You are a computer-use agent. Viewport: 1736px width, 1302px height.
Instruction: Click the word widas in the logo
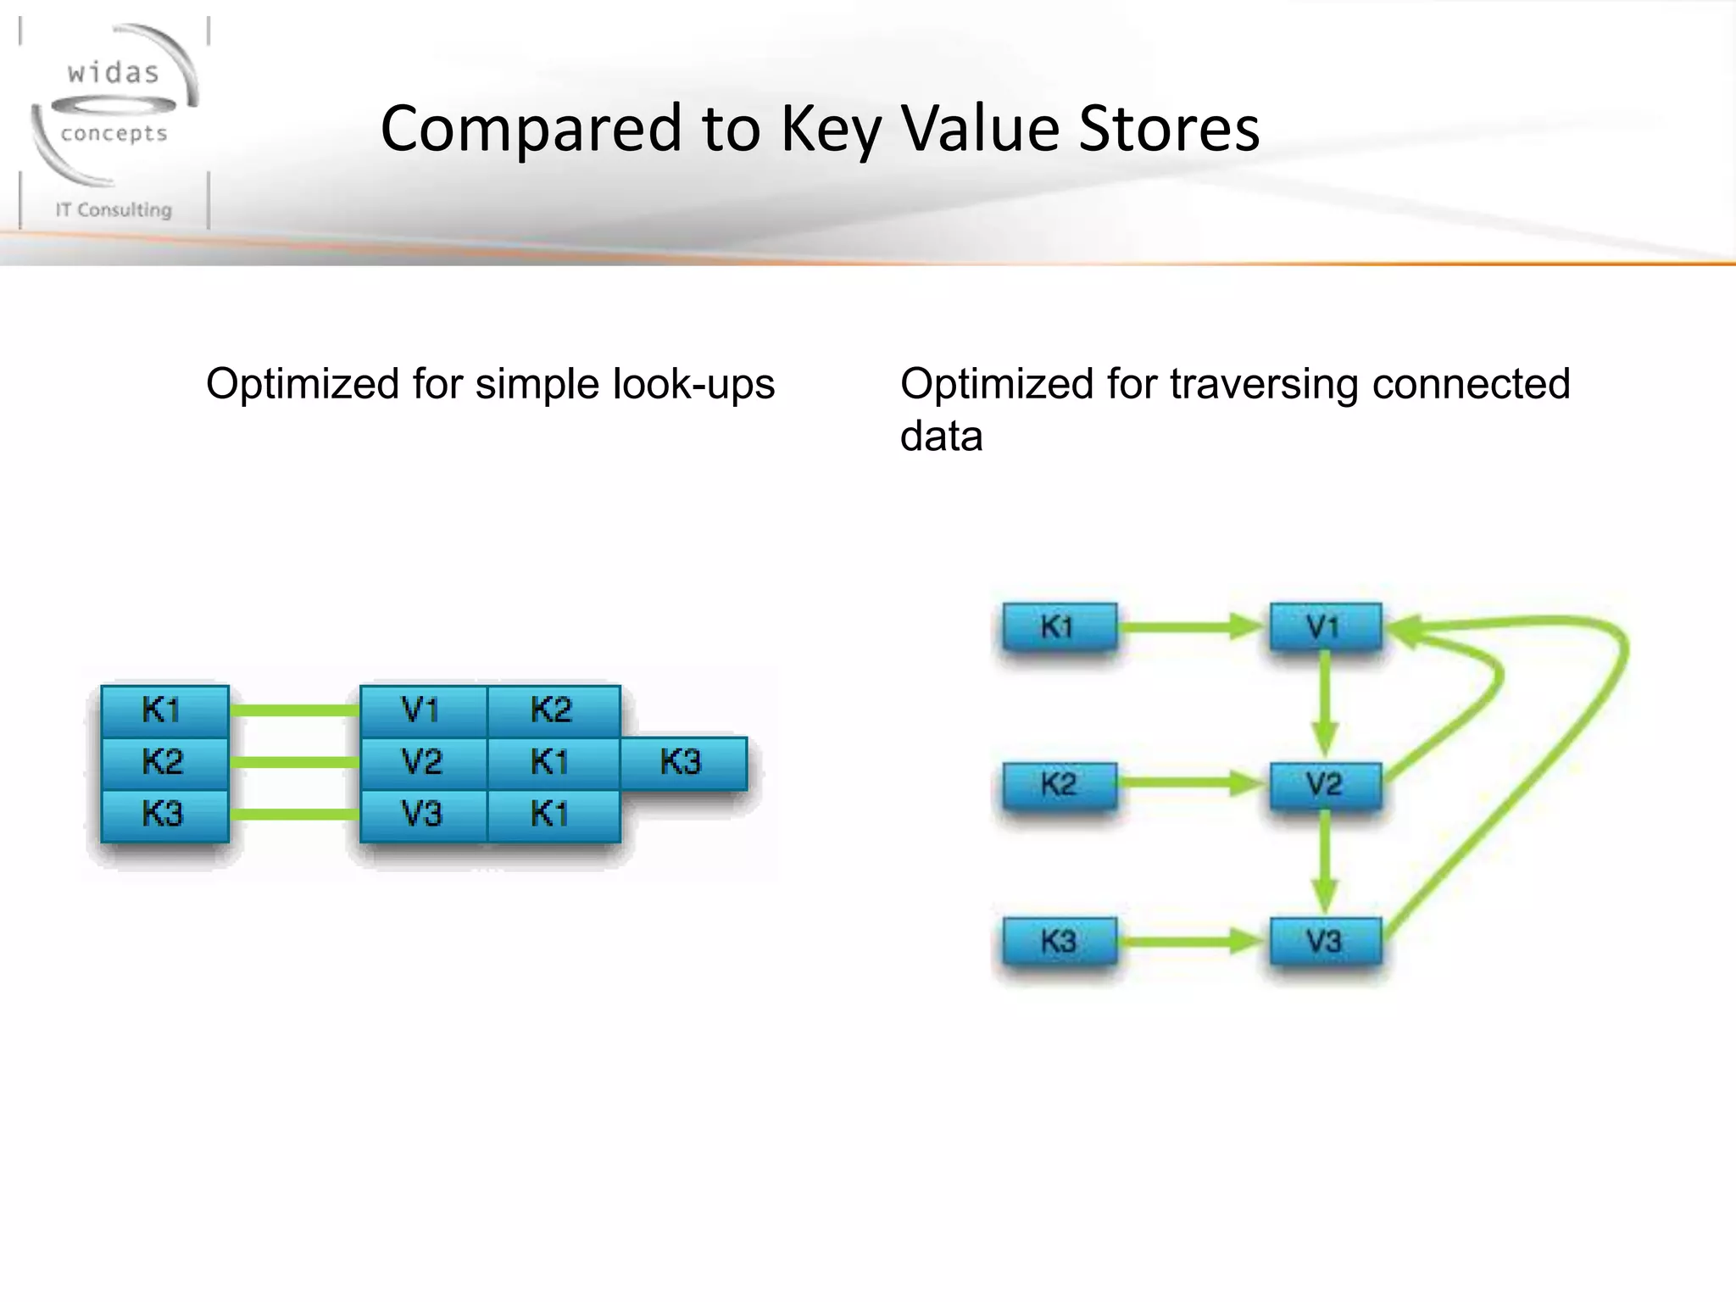click(x=114, y=73)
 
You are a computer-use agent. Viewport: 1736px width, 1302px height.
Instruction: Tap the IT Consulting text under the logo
click(x=114, y=209)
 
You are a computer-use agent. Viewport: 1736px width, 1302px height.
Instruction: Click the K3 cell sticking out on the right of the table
click(x=683, y=763)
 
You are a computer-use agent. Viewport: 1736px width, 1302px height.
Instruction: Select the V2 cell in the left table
click(x=422, y=763)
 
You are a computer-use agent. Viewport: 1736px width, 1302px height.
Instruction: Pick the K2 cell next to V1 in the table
click(x=553, y=710)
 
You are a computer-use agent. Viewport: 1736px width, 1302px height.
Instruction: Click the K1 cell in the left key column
click(x=164, y=710)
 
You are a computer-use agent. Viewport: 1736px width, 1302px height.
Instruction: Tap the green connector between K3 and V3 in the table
click(x=293, y=815)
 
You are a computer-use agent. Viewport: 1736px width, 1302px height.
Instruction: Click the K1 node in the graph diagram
click(x=1059, y=627)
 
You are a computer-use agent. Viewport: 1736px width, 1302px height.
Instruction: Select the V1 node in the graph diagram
click(x=1325, y=627)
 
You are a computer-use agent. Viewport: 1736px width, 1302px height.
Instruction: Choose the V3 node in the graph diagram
click(x=1325, y=941)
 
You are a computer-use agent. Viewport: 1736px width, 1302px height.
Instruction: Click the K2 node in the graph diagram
click(x=1059, y=784)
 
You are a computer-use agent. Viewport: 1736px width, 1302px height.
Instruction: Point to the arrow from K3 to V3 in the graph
click(x=1191, y=941)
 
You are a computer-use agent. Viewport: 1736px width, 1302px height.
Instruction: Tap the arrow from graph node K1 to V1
click(x=1191, y=627)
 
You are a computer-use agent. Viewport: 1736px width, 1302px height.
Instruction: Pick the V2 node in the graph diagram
click(x=1325, y=784)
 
